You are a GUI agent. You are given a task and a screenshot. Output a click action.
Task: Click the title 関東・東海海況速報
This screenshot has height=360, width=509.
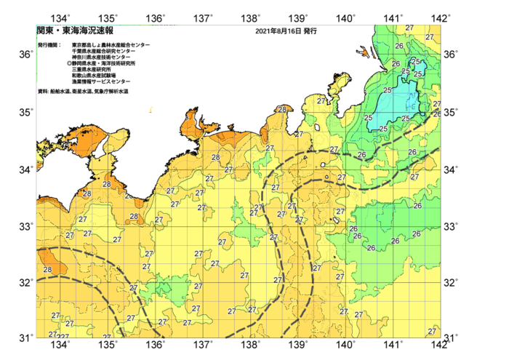[75, 31]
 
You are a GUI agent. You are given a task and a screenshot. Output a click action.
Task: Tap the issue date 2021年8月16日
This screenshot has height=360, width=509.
[278, 31]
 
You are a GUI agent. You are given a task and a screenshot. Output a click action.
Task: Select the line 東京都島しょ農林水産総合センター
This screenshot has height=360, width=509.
[111, 45]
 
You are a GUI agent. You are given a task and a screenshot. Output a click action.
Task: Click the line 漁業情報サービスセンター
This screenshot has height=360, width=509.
[101, 81]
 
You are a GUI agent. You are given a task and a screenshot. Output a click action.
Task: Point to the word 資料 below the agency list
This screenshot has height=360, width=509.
[42, 91]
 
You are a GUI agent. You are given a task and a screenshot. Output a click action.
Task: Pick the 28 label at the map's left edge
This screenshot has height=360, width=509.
[47, 270]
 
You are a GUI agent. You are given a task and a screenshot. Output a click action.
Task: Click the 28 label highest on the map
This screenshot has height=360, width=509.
[281, 110]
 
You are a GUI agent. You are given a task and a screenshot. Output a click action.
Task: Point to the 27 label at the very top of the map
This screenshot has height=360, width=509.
[409, 28]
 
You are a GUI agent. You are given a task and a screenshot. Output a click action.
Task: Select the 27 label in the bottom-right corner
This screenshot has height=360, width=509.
[432, 332]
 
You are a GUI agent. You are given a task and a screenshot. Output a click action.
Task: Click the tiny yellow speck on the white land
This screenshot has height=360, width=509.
[151, 110]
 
